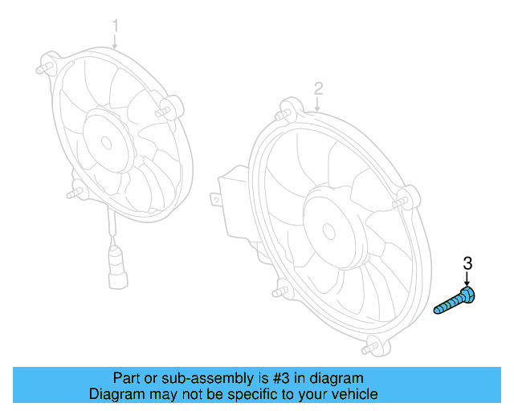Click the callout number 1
(x=115, y=26)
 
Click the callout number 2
(x=318, y=87)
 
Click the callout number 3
(x=467, y=262)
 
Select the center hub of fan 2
(x=328, y=230)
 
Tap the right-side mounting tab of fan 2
(x=408, y=196)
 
